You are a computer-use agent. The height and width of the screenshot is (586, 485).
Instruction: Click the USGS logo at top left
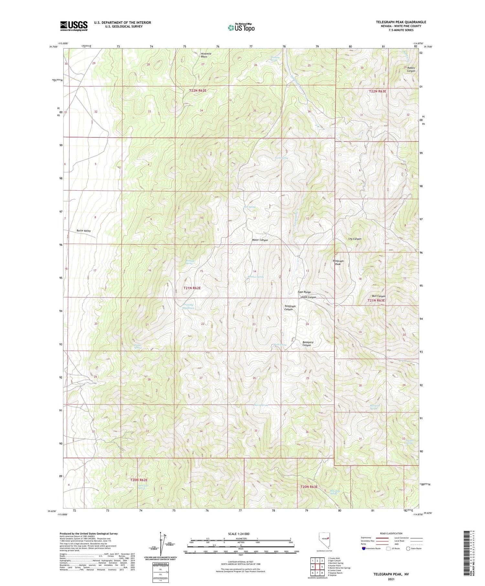(74, 26)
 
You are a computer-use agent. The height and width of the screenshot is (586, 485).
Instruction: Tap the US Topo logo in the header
(241, 28)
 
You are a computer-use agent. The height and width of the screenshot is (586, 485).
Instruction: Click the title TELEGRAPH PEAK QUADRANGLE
(401, 22)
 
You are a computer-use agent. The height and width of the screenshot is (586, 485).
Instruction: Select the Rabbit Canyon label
(411, 69)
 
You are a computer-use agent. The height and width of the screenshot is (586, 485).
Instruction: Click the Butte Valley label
(83, 231)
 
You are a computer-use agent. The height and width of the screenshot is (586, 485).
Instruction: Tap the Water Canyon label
(260, 240)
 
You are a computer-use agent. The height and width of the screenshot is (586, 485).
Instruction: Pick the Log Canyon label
(354, 239)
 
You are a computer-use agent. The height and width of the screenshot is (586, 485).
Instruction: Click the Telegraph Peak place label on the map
(338, 262)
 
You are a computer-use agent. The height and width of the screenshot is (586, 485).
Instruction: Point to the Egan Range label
(304, 292)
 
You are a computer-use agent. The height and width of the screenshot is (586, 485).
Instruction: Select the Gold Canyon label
(308, 297)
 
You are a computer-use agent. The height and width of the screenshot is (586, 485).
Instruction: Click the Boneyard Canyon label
(307, 344)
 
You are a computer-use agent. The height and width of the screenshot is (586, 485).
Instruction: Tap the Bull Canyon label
(379, 296)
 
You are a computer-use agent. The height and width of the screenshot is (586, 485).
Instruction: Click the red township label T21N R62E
(192, 288)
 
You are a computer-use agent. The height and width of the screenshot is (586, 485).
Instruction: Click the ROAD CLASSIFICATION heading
(391, 533)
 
